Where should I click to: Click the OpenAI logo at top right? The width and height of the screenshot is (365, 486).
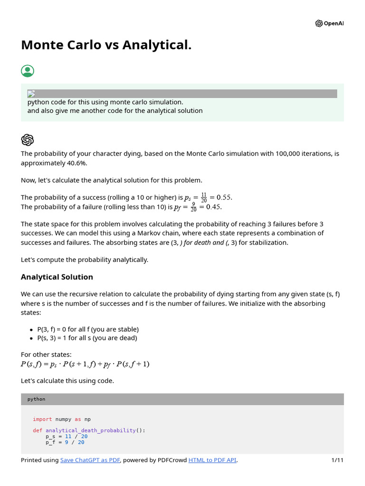click(x=329, y=24)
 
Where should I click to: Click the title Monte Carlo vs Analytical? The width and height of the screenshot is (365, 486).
click(x=106, y=45)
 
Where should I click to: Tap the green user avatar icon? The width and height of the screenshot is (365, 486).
click(x=28, y=71)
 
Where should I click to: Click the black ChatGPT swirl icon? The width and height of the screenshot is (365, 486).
click(x=28, y=140)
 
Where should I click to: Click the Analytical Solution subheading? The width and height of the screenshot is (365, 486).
click(x=57, y=277)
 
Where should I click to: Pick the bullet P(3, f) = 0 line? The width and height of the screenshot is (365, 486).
click(x=88, y=329)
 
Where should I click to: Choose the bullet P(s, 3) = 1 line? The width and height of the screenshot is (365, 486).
click(x=87, y=338)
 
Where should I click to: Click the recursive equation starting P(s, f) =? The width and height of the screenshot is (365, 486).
click(x=85, y=364)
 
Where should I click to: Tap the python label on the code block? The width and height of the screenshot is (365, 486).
click(x=37, y=399)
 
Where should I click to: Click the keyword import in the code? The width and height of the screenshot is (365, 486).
click(x=42, y=419)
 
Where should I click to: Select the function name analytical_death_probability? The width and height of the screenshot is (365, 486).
click(x=90, y=430)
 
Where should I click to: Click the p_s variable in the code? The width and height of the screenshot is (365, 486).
click(x=50, y=436)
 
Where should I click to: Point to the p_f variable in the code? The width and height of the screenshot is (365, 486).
click(x=50, y=442)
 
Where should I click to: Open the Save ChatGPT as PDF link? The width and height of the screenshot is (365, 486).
click(x=90, y=460)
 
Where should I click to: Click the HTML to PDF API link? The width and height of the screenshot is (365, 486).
click(x=212, y=460)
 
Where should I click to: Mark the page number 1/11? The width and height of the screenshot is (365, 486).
click(x=337, y=460)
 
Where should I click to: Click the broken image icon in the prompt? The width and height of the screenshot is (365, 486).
click(x=31, y=93)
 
